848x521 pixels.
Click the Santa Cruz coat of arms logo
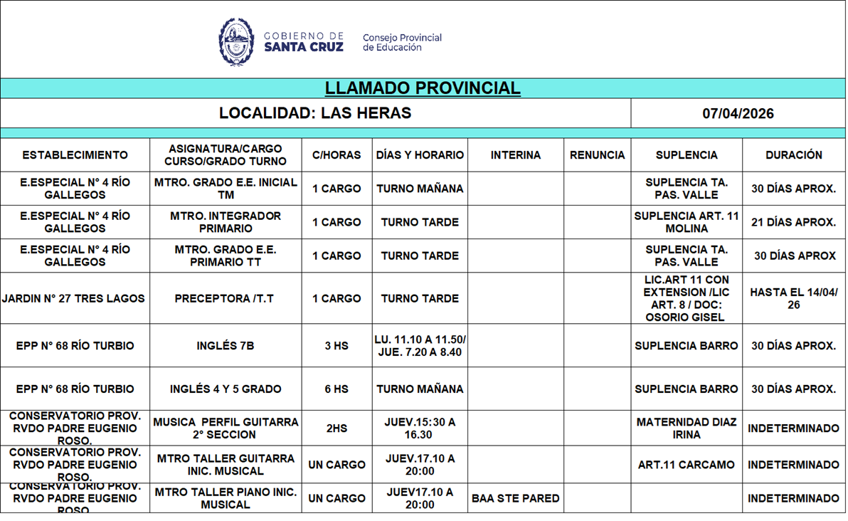pos(236,42)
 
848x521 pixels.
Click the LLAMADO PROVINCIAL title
pos(423,88)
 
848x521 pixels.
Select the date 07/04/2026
pos(738,113)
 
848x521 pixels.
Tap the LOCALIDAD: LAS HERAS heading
pos(315,113)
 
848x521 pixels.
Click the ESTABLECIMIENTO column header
pos(75,155)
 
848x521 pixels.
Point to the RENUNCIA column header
pos(597,155)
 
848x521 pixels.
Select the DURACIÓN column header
pos(794,155)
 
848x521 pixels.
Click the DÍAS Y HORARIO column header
pos(420,155)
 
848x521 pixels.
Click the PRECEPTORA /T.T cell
pos(225,299)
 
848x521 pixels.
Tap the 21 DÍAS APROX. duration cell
pos(794,222)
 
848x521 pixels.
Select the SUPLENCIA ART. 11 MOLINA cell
pos(687,222)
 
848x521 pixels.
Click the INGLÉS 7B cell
pos(225,346)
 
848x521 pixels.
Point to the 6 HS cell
pos(336,389)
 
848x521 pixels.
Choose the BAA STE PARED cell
pos(516,499)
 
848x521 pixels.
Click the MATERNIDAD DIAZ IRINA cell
pos(687,428)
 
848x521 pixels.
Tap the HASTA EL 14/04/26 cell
pos(794,299)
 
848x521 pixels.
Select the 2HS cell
pos(336,428)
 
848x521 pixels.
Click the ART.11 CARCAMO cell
pos(687,465)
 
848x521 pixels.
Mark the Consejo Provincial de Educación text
pos(402,43)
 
